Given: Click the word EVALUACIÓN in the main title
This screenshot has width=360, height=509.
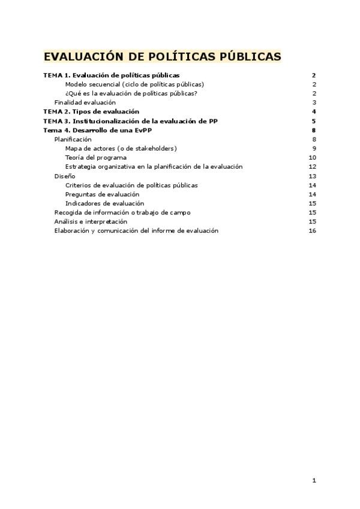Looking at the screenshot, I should [82, 57].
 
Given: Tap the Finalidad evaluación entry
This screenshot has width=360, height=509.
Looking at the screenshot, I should [85, 103].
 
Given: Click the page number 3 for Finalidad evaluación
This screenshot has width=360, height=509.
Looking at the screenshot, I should [314, 103].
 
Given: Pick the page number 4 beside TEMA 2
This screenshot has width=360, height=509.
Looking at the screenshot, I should [314, 112].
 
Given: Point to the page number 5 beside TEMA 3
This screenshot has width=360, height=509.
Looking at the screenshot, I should [314, 121].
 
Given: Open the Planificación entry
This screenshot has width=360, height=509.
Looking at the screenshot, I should [73, 139].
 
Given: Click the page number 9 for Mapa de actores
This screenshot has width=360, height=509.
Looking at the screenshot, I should [314, 148].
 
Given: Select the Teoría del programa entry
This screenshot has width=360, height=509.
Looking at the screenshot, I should [96, 158].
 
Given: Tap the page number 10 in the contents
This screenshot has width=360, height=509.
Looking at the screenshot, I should [312, 158].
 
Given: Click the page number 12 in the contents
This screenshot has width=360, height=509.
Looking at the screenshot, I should [312, 167].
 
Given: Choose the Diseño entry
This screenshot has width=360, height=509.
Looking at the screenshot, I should [65, 176].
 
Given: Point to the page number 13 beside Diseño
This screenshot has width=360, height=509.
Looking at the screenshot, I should [312, 176].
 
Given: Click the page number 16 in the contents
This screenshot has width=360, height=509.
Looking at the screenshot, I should [312, 231].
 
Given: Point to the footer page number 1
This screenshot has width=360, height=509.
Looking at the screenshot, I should [314, 480].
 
